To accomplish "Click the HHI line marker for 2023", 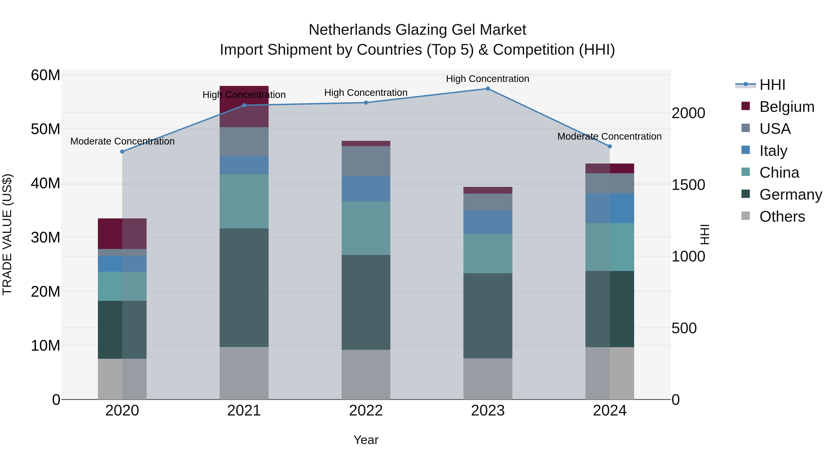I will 488,89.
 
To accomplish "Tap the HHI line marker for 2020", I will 122,151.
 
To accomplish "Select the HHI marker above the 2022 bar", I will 366,103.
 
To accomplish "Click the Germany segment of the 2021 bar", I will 244,287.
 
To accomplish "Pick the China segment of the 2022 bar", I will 366,228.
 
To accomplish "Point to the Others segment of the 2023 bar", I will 488,378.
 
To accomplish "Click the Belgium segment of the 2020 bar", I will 122,233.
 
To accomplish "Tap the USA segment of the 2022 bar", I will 366,161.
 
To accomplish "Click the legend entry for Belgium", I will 787,107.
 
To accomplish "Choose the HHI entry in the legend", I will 772,85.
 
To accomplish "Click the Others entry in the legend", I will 782,217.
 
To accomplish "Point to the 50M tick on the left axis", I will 45,129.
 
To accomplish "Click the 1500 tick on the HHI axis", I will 688,185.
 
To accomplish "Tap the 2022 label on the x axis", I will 366,411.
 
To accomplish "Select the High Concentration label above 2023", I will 488,79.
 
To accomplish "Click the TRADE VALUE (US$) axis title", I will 7,234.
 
